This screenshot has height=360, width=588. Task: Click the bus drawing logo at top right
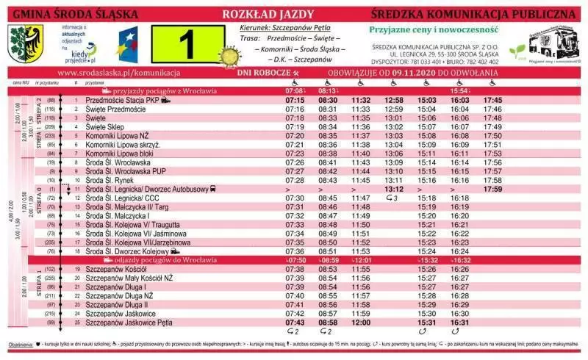coord(555,45)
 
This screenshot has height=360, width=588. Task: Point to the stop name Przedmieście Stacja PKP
coord(122,99)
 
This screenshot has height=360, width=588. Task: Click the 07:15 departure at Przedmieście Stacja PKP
coord(295,99)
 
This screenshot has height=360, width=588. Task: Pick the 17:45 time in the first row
coord(492,99)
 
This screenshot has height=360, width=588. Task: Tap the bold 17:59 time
coord(492,189)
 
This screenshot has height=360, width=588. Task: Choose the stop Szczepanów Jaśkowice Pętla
coord(129,322)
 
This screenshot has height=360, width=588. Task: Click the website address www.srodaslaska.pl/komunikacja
coord(118,73)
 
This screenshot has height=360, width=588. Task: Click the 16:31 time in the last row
coord(459,322)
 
